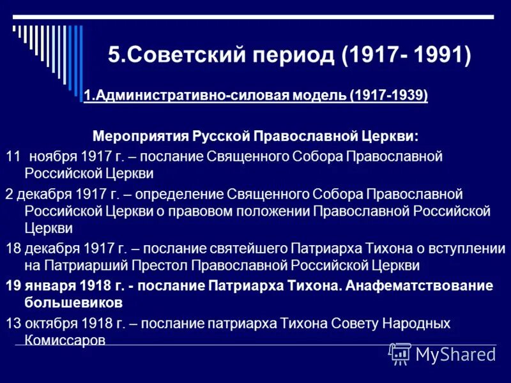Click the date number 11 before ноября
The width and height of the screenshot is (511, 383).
13,156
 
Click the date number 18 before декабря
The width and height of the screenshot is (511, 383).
13,249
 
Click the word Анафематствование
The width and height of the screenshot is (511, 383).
420,285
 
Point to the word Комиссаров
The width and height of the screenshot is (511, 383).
65,340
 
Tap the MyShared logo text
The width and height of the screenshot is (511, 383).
455,354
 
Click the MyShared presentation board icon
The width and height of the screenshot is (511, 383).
400,353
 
